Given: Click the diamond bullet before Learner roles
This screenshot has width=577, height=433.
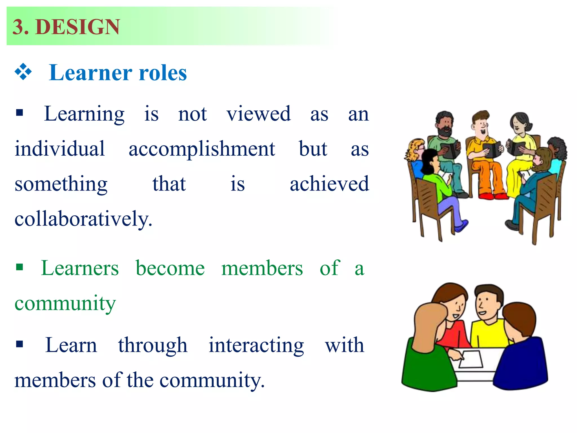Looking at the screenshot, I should point(23,72).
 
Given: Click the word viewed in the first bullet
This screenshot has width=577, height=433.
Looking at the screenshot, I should point(258,114).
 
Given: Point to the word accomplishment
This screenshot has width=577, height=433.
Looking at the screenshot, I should point(202,149).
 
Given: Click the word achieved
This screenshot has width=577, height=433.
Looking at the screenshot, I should point(329,184).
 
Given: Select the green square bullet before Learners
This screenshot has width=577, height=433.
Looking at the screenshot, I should point(19,267).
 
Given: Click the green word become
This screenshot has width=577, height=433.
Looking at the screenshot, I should point(170,268).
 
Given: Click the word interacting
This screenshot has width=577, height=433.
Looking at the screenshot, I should point(256,345).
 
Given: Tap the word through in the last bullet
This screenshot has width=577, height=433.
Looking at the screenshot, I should point(153,345).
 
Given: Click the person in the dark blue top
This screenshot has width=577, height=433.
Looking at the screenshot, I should point(521,364).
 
